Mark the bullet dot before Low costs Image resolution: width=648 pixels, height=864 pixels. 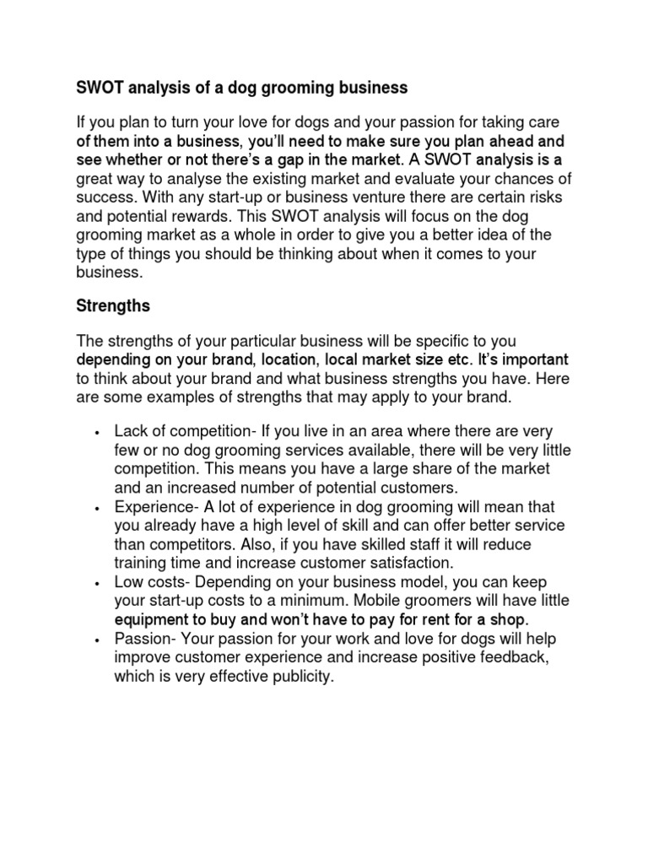pos(99,584)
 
